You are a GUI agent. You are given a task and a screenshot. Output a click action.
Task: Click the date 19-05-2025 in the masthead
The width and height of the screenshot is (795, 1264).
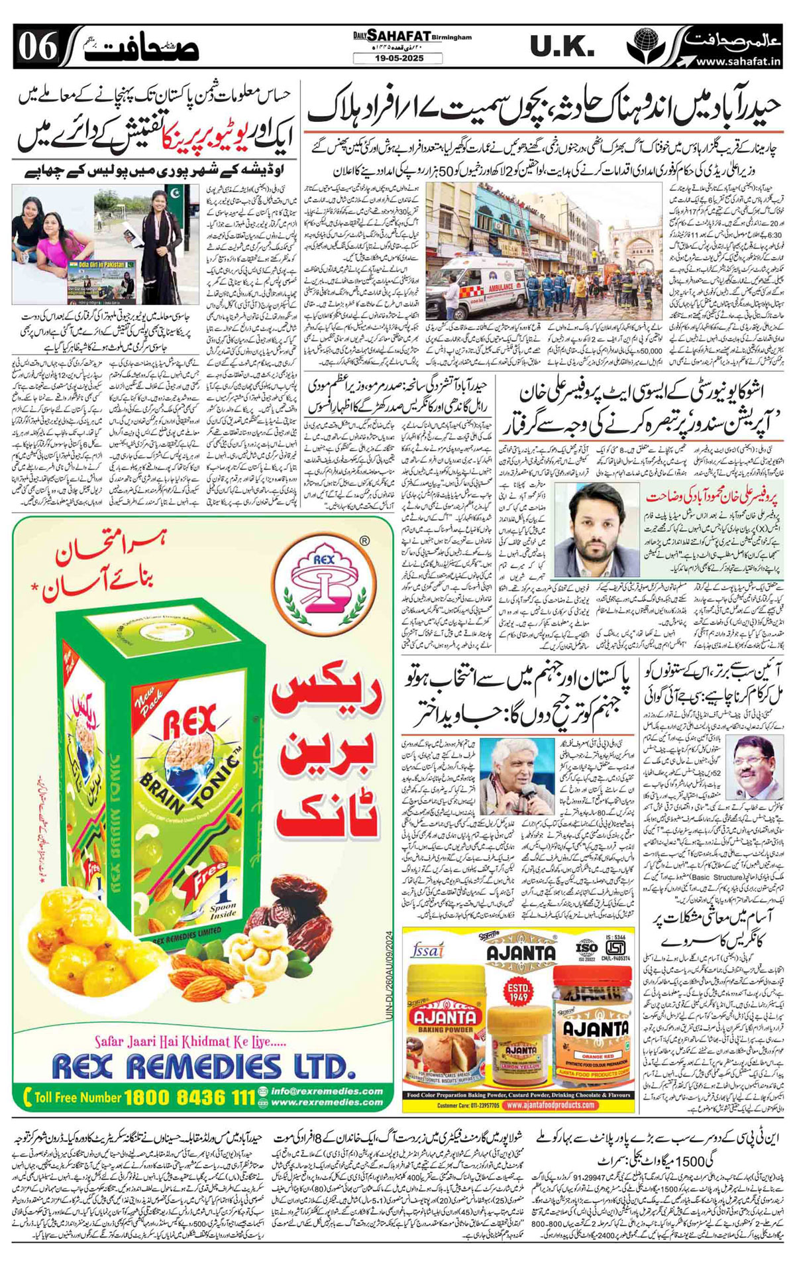(397, 58)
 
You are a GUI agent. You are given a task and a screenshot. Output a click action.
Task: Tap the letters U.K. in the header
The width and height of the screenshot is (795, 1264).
(560, 46)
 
